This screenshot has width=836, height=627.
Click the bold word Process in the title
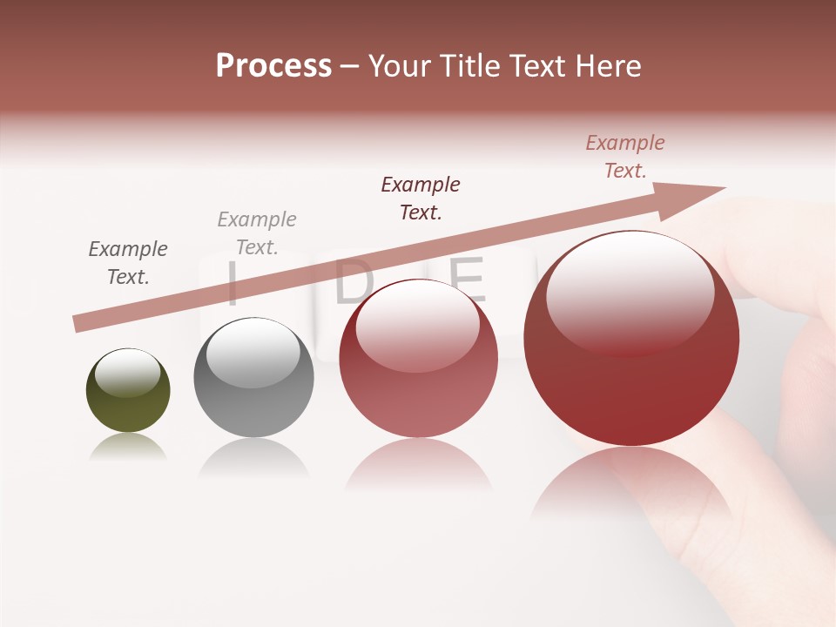tap(273, 66)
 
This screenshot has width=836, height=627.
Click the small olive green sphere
tap(128, 392)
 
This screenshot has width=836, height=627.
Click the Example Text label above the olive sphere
tap(128, 263)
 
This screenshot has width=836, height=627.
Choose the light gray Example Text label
tap(257, 233)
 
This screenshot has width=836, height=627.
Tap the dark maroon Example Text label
tap(421, 199)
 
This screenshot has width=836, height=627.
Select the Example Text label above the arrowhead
tap(625, 157)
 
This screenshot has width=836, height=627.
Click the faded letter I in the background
tap(232, 284)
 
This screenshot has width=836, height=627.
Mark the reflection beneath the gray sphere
tap(253, 457)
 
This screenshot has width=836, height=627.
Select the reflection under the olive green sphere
tap(128, 446)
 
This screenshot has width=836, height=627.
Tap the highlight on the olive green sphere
tap(127, 373)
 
